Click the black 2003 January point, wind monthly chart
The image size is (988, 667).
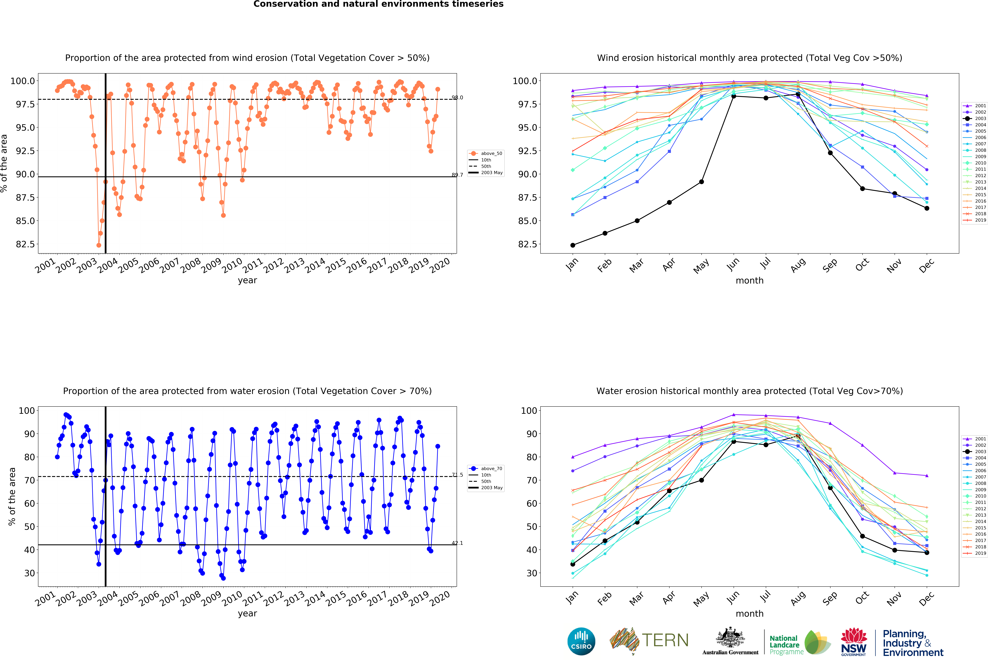573,245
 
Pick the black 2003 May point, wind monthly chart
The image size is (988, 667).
701,182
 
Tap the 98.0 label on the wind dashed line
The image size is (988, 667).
457,98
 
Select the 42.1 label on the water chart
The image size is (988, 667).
457,543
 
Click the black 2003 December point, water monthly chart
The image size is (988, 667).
927,553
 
